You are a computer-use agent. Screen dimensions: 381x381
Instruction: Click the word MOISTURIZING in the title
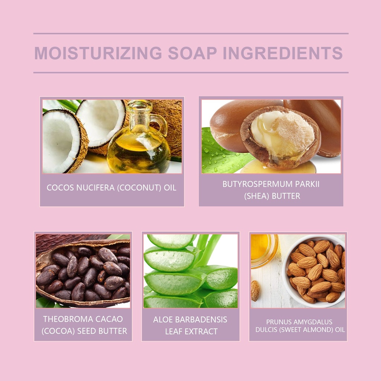(x=98, y=53)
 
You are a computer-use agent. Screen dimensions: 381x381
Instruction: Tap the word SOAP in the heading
(x=192, y=53)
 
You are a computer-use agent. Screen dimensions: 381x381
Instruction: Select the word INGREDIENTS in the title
(x=283, y=53)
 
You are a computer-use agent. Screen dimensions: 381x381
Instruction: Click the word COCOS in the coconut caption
(x=60, y=188)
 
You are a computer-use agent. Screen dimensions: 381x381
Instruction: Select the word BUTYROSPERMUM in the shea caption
(x=257, y=184)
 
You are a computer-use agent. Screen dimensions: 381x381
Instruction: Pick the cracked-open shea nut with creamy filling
(x=281, y=137)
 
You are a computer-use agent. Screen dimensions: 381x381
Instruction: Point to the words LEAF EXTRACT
(x=191, y=332)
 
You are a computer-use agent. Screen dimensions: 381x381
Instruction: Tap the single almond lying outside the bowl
(x=255, y=291)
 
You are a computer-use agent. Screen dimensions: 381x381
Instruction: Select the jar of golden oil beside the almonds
(x=264, y=251)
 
